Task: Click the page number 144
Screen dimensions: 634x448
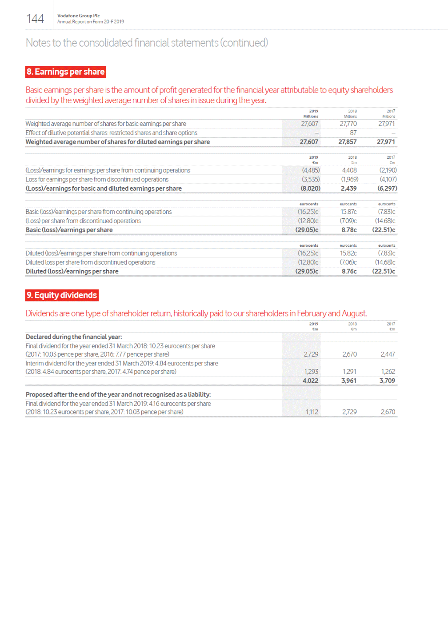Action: coord(35,19)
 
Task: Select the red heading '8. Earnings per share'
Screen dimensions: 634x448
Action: coord(65,72)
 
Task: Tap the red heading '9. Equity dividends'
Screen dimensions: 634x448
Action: coord(62,295)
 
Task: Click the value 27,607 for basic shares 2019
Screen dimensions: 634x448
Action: coord(309,124)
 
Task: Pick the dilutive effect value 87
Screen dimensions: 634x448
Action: coord(353,133)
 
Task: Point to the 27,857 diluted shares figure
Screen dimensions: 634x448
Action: coord(347,142)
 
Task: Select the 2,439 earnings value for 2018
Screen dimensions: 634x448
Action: coord(348,189)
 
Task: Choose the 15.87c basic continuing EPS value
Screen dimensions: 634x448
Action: coord(348,212)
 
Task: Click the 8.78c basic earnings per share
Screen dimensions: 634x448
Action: coord(349,230)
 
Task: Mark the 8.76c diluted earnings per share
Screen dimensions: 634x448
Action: coord(349,271)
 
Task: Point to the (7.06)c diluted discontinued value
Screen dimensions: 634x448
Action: coord(348,262)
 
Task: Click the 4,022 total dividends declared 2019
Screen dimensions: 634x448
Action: coord(310,381)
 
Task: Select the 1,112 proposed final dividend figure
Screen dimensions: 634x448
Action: coord(312,412)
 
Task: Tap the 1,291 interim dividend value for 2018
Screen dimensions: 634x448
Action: coord(349,372)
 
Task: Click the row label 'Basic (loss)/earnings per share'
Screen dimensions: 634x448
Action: coord(69,230)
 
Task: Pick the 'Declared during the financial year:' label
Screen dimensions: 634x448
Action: coord(74,337)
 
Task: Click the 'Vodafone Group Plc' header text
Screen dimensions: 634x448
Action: coord(78,16)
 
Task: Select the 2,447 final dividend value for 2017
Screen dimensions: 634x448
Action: coord(388,354)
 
